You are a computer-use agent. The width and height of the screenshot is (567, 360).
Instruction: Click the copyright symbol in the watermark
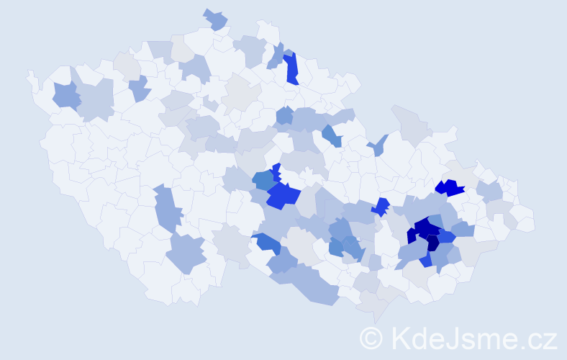click(371, 338)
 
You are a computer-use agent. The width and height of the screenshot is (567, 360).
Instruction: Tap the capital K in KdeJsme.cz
click(400, 338)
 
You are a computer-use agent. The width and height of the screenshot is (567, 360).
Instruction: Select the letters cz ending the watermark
click(543, 338)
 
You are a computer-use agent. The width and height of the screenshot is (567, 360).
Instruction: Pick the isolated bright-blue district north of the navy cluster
click(449, 188)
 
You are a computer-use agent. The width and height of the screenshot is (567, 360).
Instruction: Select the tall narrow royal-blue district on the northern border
click(291, 68)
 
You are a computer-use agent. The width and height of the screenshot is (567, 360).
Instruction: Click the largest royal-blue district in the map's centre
click(282, 195)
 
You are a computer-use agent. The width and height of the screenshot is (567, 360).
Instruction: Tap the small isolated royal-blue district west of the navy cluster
click(381, 207)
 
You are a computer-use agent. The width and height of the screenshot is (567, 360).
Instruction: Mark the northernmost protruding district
click(215, 19)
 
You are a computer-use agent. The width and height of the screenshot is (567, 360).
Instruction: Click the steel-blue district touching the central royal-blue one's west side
click(263, 180)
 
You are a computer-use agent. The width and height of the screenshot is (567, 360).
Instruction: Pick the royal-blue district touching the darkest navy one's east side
click(446, 236)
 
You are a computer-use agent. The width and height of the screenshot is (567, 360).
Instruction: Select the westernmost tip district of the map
click(31, 76)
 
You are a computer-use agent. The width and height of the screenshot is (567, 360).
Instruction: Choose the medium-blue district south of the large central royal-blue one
click(267, 243)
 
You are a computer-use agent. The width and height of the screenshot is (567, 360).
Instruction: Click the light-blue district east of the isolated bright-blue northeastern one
click(489, 192)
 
